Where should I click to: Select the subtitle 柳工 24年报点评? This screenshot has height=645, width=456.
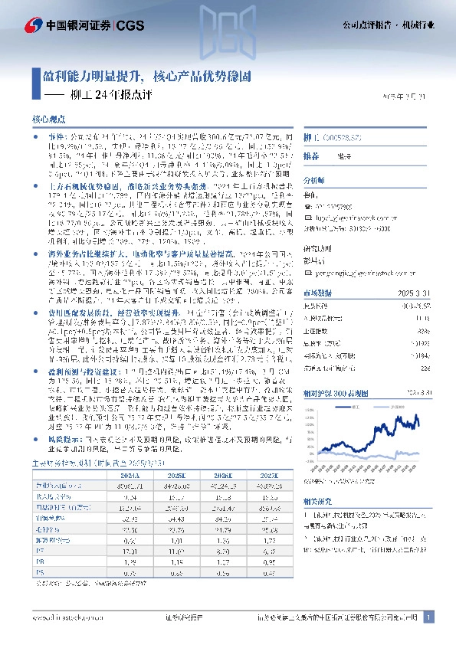tap(110, 95)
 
